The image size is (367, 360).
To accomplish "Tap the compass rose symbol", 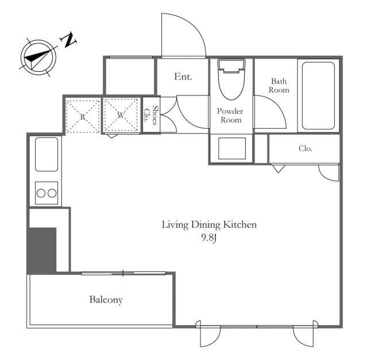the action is click(38, 58).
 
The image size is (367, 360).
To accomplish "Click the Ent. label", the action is click(183, 76).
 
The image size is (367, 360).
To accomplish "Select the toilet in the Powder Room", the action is click(231, 79).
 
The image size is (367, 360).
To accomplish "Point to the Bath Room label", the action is click(279, 86).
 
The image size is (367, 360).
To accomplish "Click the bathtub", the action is click(318, 95).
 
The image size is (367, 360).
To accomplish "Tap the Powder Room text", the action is click(230, 116).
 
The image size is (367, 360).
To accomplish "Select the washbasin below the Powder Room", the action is click(231, 148).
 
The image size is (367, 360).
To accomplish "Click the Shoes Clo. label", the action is click(151, 115).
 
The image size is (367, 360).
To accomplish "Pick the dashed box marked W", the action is click(121, 115).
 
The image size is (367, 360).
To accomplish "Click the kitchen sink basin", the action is click(47, 155).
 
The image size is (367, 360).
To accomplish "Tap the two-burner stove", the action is click(47, 193).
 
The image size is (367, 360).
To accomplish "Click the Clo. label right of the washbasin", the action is click(306, 148).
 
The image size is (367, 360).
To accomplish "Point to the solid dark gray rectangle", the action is click(42, 250).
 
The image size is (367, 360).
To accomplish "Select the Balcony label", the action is click(106, 300).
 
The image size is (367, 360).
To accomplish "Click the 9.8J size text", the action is click(209, 238).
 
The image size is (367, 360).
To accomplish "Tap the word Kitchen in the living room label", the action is click(239, 224).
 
